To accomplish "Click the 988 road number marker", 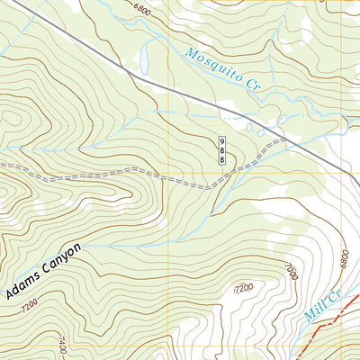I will pos(222,150).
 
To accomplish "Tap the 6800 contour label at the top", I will pos(142,8).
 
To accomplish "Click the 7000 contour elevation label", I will pos(290,271).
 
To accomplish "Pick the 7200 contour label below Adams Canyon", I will pos(27,306).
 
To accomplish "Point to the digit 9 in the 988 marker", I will pos(222,142).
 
